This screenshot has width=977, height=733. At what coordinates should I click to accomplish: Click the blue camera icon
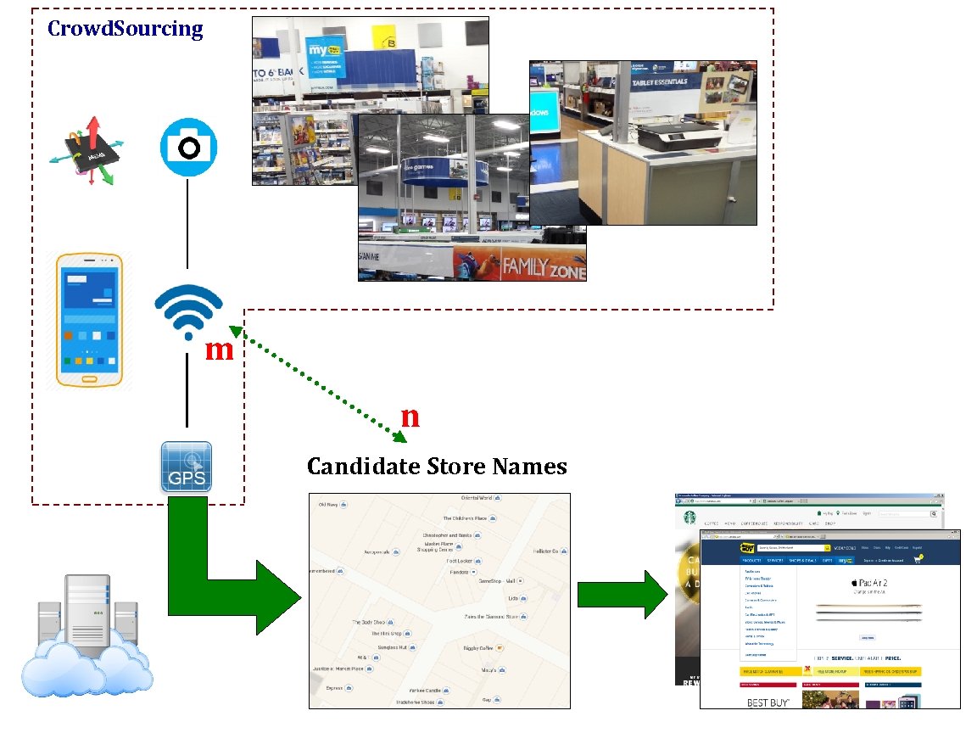188,148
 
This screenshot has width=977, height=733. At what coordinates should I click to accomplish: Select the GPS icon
187,467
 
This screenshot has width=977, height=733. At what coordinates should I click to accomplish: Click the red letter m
219,350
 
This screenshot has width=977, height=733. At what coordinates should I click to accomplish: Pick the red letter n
410,417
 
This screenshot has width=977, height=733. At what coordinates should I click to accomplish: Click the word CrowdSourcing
126,29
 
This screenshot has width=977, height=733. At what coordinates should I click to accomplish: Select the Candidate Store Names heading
437,467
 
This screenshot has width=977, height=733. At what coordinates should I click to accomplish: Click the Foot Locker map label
459,561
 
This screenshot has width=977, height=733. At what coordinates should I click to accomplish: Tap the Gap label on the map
487,700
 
